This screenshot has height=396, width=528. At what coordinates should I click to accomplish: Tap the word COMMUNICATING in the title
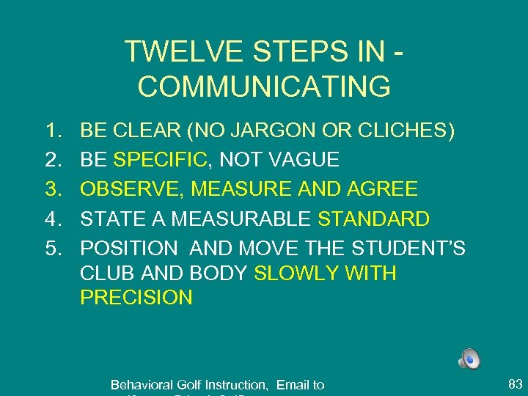264,86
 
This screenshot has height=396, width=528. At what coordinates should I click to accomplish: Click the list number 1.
51,131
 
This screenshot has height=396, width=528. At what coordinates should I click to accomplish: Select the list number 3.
51,190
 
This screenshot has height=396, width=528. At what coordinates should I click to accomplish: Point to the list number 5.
51,249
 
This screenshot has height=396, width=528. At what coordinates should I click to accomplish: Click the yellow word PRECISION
136,298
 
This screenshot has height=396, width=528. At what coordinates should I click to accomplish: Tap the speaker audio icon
469,359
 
